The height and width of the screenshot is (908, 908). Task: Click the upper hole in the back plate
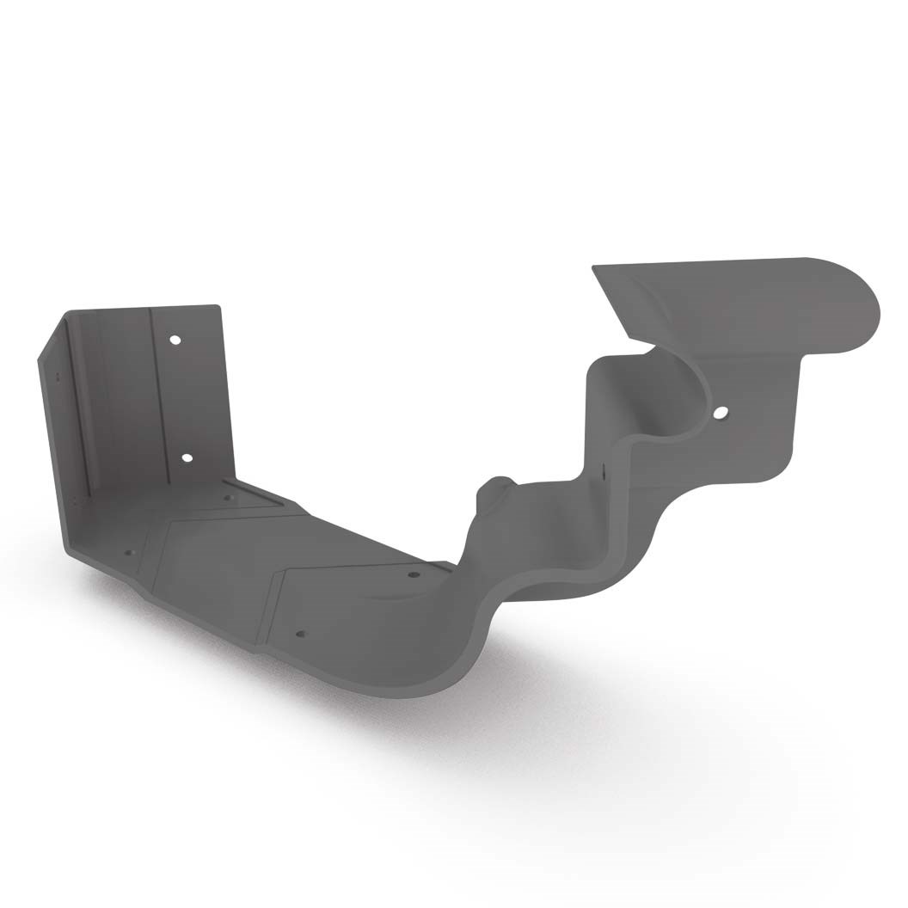[x=175, y=340]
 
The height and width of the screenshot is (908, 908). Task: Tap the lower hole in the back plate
[x=187, y=457]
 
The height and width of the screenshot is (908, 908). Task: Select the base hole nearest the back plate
[x=228, y=497]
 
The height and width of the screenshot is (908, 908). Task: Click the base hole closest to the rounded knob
[x=413, y=574]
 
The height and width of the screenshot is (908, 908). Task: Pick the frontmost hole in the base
[x=300, y=635]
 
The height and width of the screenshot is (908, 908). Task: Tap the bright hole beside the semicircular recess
[x=720, y=413]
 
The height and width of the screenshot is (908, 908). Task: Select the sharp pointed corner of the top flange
[x=595, y=268]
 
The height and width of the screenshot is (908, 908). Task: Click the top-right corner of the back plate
[x=218, y=307]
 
